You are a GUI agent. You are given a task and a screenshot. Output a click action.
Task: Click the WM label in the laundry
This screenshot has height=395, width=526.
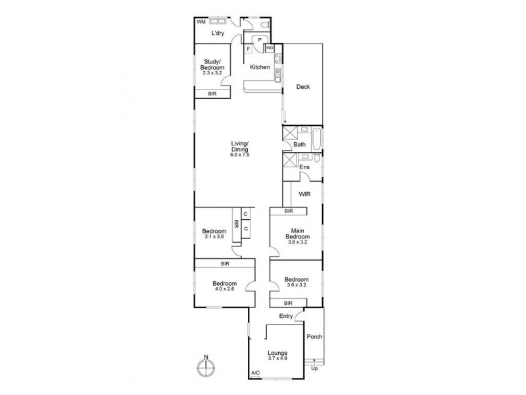(x=201, y=22)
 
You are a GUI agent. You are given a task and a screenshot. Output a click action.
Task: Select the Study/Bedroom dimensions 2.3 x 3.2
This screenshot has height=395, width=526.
(x=212, y=74)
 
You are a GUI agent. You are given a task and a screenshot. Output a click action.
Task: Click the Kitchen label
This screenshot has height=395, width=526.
(x=260, y=67)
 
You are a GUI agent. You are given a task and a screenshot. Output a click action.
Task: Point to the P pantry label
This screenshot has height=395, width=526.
(x=260, y=40)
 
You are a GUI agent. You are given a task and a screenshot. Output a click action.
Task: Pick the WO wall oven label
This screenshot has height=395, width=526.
(x=270, y=48)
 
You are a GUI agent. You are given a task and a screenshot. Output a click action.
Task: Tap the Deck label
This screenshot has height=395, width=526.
(x=302, y=87)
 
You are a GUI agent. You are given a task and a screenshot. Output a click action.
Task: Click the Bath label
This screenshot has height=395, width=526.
(x=300, y=144)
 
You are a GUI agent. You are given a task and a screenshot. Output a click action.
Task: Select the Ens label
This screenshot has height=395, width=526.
(x=304, y=167)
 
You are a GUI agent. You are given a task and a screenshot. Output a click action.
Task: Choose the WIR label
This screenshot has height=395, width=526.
(x=304, y=194)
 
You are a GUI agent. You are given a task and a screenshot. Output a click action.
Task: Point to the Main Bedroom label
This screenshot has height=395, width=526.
(x=298, y=234)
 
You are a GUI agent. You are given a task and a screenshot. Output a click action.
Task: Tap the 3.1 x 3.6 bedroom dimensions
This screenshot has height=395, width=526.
(x=214, y=237)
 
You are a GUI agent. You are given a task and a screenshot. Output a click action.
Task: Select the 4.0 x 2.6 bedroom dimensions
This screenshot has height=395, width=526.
(x=224, y=288)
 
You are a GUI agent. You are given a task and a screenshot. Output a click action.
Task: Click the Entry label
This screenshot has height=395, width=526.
(x=286, y=317)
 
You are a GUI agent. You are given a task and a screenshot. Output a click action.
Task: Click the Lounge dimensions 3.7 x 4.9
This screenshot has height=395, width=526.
(x=277, y=359)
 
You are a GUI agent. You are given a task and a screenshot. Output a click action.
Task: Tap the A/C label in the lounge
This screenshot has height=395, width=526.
(x=255, y=374)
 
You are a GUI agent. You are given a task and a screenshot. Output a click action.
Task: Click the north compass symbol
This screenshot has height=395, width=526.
(x=206, y=367)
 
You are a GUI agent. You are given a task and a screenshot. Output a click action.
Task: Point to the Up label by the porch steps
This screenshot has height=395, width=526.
(x=314, y=368)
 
